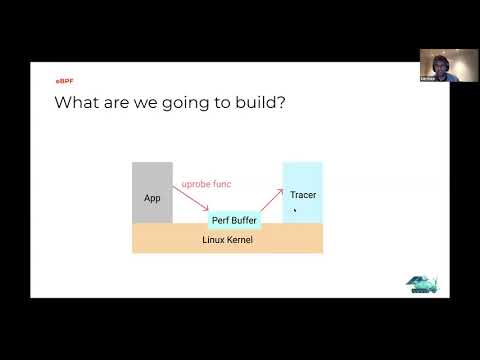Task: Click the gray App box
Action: tap(152, 192)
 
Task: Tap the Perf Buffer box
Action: tap(235, 219)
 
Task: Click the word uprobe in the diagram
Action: tap(195, 184)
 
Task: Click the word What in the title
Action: tap(75, 103)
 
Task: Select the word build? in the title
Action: tap(258, 103)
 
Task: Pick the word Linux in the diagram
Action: tap(213, 241)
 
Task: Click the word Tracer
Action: tap(303, 195)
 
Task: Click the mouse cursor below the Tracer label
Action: tap(294, 210)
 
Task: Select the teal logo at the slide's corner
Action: tap(423, 283)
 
